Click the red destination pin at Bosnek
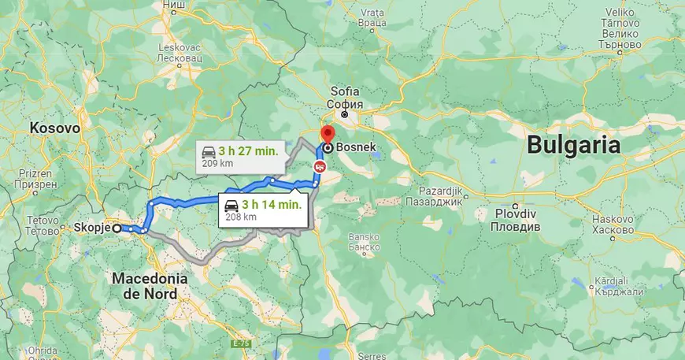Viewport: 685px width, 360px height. coord(327,135)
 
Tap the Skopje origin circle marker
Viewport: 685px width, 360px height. coord(117,228)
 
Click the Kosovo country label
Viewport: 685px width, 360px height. coord(55,127)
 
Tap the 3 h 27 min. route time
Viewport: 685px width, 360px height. coord(248,150)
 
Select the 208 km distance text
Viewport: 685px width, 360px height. coord(241,217)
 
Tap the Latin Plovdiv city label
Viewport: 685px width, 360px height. coord(514,214)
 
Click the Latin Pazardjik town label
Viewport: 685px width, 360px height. coord(438,191)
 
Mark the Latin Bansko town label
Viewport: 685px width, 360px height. coord(365,236)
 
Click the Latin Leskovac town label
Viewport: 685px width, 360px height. coord(180,46)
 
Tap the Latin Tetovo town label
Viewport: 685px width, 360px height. coord(44,220)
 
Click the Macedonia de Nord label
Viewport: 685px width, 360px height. coord(150,286)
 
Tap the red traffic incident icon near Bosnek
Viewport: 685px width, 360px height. coord(320,166)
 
